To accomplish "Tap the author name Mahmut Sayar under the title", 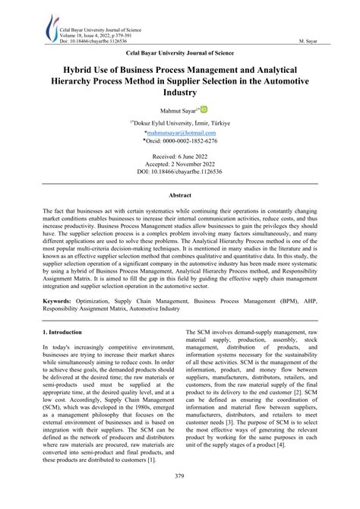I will [x=178, y=112].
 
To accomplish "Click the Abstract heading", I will [x=179, y=195].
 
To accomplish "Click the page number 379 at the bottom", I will [x=180, y=498].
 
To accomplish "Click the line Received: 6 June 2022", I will [x=180, y=156].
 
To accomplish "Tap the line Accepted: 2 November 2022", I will [x=180, y=164].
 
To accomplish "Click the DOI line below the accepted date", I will [x=180, y=172].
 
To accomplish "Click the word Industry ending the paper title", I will [x=180, y=93].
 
